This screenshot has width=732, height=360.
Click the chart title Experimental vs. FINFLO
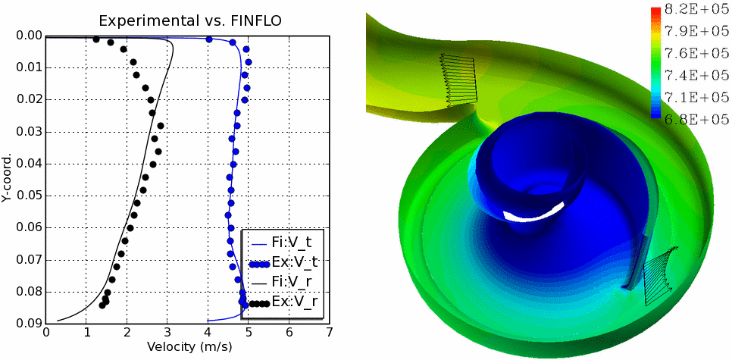(x=187, y=20)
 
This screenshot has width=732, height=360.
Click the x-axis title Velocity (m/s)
(x=187, y=346)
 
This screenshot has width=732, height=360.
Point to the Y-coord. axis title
(x=7, y=178)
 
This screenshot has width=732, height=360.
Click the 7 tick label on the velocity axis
(x=329, y=332)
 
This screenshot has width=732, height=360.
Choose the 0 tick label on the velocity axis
(x=46, y=332)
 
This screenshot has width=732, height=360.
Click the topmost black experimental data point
(x=96, y=39)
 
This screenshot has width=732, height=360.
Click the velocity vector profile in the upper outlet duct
(x=458, y=80)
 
